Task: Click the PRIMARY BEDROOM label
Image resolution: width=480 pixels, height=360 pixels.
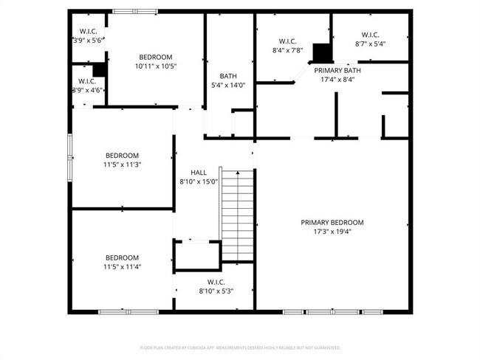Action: click(x=332, y=222)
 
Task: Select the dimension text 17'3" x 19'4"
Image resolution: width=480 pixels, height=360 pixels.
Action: click(x=332, y=231)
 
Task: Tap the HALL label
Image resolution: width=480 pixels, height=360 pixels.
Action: click(x=199, y=173)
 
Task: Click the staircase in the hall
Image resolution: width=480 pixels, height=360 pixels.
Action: click(x=238, y=215)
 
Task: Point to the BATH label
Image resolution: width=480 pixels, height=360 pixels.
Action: click(x=228, y=76)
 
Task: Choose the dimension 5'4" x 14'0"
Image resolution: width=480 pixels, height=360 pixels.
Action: click(x=228, y=85)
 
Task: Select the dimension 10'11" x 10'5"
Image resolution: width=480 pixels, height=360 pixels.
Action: click(x=156, y=66)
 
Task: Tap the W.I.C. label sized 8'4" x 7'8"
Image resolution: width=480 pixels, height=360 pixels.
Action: click(x=287, y=41)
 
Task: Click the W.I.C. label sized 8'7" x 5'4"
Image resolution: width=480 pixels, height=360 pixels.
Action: click(x=370, y=35)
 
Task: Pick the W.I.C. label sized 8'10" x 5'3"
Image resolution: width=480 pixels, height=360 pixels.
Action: click(x=216, y=282)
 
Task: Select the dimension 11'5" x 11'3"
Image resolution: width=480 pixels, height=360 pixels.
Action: click(x=122, y=165)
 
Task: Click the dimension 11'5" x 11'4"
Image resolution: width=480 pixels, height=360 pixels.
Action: click(x=122, y=266)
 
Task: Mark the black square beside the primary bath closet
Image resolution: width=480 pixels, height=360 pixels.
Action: click(x=322, y=53)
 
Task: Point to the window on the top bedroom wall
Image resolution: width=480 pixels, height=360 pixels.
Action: click(x=134, y=11)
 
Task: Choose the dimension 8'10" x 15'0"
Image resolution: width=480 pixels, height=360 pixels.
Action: click(x=199, y=181)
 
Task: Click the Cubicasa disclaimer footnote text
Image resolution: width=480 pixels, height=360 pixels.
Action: click(x=240, y=347)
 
